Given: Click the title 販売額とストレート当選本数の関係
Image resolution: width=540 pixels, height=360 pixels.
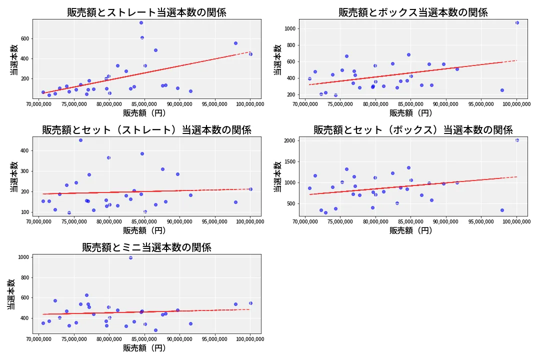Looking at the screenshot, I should (146, 12).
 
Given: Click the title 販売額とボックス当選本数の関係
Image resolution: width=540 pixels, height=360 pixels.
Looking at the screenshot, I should (413, 12).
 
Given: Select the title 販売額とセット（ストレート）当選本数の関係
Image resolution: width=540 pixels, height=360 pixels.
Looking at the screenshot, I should (146, 130).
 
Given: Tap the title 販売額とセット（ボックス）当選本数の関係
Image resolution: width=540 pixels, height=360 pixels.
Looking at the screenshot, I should (413, 130).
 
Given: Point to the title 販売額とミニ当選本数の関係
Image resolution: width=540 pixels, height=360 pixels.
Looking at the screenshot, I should (146, 247).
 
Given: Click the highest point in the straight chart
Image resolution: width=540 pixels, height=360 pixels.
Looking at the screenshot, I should (141, 22).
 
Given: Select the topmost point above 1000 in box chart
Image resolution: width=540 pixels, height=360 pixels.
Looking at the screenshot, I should (517, 22).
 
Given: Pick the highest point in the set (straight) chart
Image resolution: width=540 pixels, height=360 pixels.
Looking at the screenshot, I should (80, 140).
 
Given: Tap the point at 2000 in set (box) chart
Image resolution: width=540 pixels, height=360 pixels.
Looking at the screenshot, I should (517, 140).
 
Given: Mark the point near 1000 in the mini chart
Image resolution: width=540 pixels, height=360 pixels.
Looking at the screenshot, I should (130, 257).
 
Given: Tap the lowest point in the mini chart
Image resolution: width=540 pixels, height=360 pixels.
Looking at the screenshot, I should (155, 330).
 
